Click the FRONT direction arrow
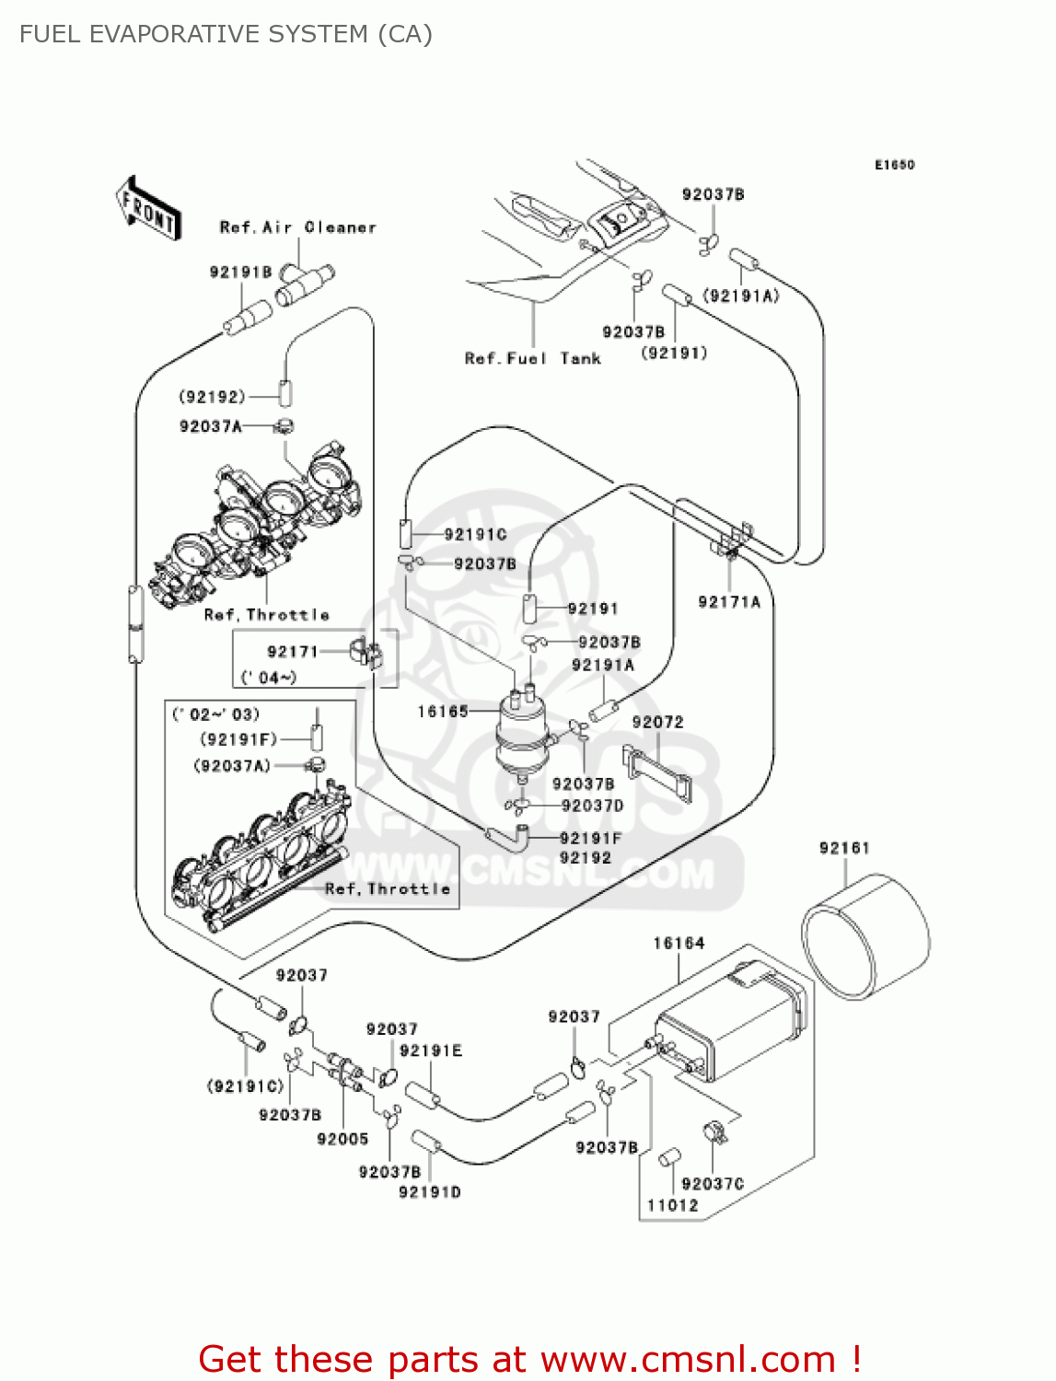click(x=147, y=208)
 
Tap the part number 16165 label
click(x=443, y=711)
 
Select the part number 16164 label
click(x=679, y=943)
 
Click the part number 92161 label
click(x=843, y=848)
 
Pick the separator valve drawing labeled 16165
click(x=522, y=732)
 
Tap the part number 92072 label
click(x=657, y=723)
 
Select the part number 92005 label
click(x=342, y=1139)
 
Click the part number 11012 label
click(x=672, y=1205)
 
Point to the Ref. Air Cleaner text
click(x=297, y=227)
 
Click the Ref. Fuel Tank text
click(x=532, y=358)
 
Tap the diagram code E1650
click(x=894, y=165)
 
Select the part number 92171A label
click(x=729, y=602)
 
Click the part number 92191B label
click(x=240, y=272)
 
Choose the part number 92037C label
click(x=713, y=1184)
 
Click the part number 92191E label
click(x=431, y=1050)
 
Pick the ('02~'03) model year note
click(x=216, y=714)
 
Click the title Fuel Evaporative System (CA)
click(x=226, y=34)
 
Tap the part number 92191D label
click(x=429, y=1192)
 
